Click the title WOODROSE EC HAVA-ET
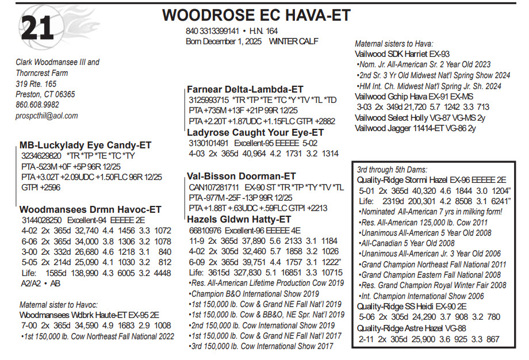(x=256, y=16)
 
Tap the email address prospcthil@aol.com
(x=47, y=116)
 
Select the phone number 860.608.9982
(x=37, y=105)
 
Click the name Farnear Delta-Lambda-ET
(x=245, y=89)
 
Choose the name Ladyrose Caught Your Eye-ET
(x=255, y=132)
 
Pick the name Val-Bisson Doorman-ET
(x=241, y=177)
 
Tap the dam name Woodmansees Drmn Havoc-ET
(x=90, y=209)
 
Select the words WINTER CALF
(x=293, y=41)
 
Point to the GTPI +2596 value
(x=41, y=187)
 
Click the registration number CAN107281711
(x=214, y=187)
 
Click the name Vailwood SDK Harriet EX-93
(x=402, y=54)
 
